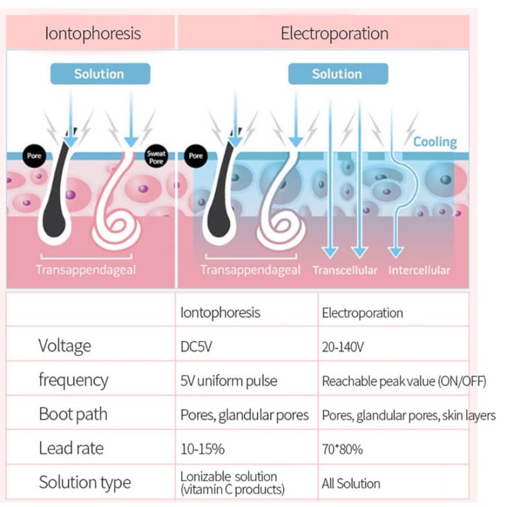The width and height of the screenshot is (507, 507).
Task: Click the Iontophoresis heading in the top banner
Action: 93,33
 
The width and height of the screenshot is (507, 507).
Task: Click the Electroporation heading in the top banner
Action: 335,33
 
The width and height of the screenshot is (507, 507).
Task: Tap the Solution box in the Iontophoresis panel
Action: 99,74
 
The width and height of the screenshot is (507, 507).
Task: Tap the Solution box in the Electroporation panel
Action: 337,74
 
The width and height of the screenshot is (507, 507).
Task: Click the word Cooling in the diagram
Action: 435,141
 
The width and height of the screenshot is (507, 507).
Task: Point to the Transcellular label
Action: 345,271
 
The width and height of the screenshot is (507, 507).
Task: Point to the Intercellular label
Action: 420,271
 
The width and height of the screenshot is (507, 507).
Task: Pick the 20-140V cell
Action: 343,347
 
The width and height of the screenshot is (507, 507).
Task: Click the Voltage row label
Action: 65,346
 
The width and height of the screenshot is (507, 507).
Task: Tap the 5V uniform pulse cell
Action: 229,381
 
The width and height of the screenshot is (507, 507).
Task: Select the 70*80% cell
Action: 342,449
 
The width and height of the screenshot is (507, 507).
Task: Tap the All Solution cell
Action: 351,484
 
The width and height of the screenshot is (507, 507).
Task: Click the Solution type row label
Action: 86,482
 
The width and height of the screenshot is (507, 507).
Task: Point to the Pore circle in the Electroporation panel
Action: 196,155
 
